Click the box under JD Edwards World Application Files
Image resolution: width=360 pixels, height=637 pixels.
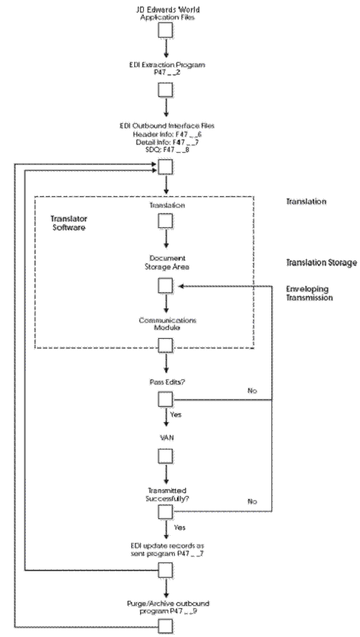pos(165,30)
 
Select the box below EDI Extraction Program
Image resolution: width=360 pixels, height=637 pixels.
pos(165,89)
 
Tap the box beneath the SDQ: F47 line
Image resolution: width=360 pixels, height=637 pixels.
pos(165,169)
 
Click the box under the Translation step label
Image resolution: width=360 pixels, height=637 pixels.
pos(165,220)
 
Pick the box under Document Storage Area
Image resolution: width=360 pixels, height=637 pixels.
pos(165,286)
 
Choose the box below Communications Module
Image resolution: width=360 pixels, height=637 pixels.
pos(165,345)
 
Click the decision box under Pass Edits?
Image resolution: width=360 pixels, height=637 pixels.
pos(165,399)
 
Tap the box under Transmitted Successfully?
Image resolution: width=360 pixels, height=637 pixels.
pos(165,512)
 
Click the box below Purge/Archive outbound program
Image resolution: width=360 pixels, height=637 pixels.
pos(165,625)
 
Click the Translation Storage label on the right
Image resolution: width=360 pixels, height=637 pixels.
pos(321,262)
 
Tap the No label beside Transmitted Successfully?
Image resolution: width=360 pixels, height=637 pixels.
pos(252,501)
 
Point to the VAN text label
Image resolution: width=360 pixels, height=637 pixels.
pos(165,437)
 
